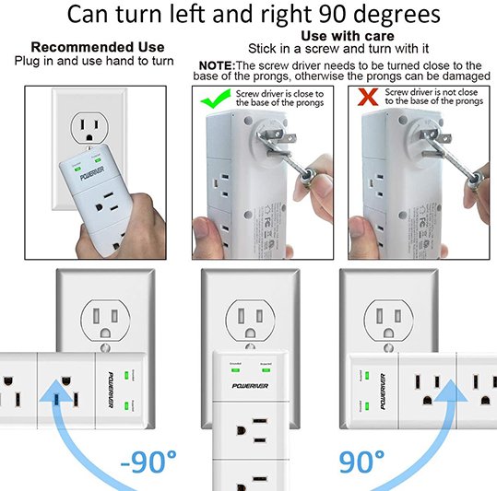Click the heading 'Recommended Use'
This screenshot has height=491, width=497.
tap(98, 47)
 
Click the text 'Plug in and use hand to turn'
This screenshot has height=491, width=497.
tap(98, 61)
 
